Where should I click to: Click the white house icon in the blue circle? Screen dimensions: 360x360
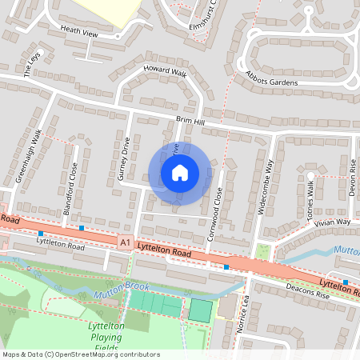click(179, 172)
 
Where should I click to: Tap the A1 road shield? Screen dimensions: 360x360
click(124, 241)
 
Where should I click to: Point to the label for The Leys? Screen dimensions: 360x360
click(31, 66)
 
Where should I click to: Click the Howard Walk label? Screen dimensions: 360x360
click(164, 71)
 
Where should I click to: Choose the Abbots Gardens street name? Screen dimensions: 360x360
click(271, 82)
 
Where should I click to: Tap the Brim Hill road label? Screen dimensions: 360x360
click(190, 122)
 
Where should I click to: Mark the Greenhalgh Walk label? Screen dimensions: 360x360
click(26, 155)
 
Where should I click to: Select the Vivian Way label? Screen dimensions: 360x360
click(331, 222)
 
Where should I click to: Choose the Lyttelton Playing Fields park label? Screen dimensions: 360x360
click(105, 337)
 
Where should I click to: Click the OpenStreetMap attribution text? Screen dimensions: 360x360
click(80, 354)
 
